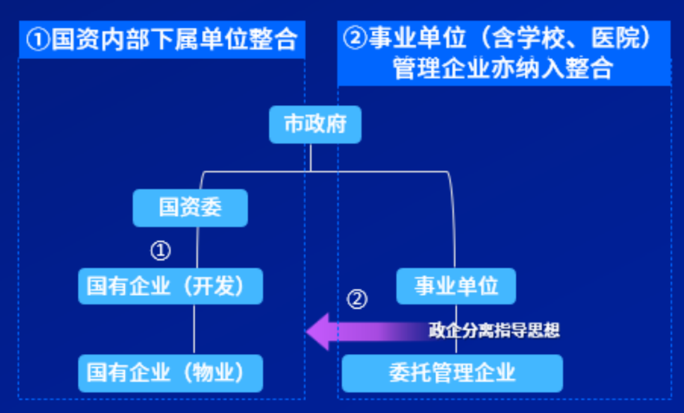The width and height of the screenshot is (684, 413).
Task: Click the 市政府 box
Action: tap(315, 124)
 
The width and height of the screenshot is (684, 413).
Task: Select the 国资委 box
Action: tap(190, 208)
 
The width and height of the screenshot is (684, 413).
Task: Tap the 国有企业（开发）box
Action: tap(170, 286)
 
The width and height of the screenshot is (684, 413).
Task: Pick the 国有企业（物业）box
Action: tap(170, 372)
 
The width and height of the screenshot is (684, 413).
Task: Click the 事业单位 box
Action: tap(456, 286)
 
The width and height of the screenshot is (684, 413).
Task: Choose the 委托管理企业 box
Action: tap(452, 372)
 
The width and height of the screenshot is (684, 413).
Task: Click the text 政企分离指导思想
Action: tap(494, 331)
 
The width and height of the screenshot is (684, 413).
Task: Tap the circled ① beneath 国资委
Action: tap(160, 251)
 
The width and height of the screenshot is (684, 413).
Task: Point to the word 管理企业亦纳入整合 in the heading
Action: tap(503, 68)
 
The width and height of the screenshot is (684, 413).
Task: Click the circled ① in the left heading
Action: tap(39, 39)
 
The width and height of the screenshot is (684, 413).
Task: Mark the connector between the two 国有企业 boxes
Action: tap(194, 329)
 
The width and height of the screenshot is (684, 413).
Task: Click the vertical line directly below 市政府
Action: tap(311, 157)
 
